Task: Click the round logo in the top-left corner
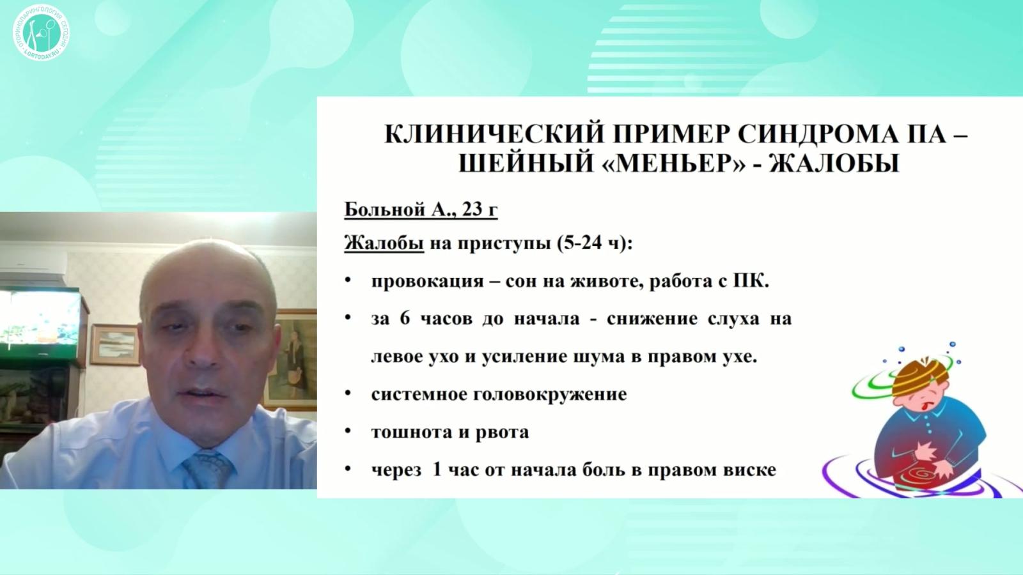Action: click(41, 33)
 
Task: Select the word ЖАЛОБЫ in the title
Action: click(834, 164)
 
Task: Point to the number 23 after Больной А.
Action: click(470, 210)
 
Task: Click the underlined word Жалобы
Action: click(384, 243)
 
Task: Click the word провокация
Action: click(427, 281)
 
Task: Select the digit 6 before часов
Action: click(405, 318)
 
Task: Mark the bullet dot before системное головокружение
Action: click(348, 394)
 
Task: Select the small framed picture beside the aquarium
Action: click(114, 344)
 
